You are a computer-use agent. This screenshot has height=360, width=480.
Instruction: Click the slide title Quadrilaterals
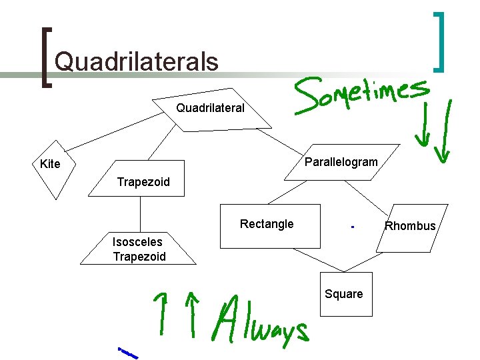[x=137, y=62]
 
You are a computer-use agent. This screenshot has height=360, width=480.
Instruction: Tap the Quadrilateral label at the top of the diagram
[x=210, y=107]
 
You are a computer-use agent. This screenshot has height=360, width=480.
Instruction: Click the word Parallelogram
[x=341, y=162]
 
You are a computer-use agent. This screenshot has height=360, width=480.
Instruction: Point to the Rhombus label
[x=410, y=226]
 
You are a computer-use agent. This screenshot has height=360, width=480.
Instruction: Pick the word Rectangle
[x=267, y=224]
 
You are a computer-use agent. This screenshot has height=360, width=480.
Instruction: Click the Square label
[x=344, y=294]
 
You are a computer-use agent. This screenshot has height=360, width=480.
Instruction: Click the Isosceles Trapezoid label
[x=139, y=249]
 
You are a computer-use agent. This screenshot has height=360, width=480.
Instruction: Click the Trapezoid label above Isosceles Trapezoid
[x=143, y=182]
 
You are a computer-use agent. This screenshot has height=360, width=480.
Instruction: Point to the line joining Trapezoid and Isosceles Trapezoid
[x=141, y=217]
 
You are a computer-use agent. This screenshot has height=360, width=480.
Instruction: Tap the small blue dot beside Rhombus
[x=351, y=227]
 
